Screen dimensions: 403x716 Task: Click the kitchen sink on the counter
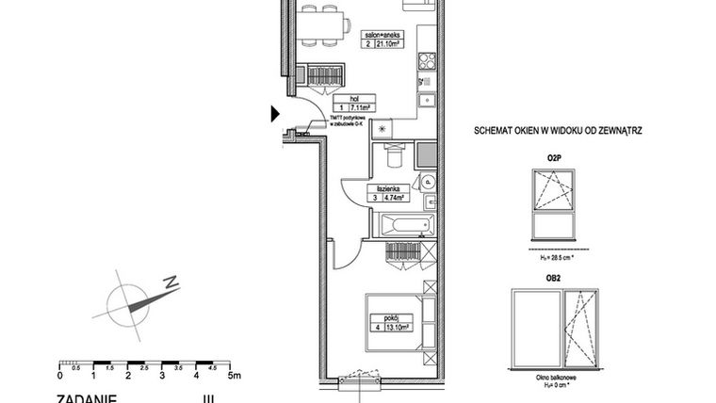click(x=426, y=95)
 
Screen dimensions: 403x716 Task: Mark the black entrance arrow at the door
click(x=275, y=114)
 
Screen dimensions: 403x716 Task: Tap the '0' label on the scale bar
click(x=60, y=375)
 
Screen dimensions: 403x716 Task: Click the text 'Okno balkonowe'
click(x=556, y=376)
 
